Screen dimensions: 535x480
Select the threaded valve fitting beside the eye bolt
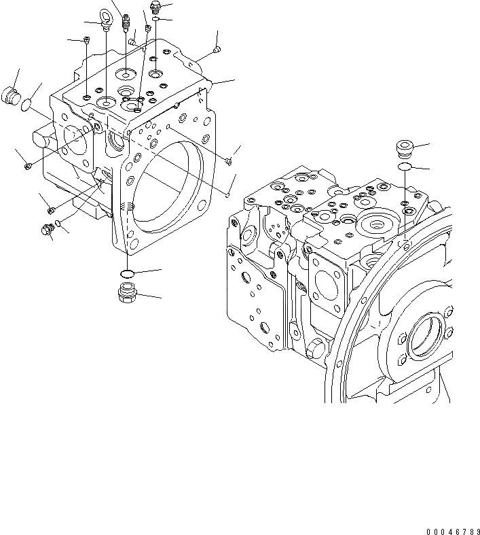(x=126, y=23)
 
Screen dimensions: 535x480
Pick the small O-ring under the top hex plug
(x=156, y=20)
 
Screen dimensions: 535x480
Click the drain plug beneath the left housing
(x=127, y=294)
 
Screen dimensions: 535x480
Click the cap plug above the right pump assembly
(x=405, y=148)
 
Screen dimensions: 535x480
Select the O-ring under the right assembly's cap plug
(x=405, y=166)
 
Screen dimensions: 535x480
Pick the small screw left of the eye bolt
(x=88, y=41)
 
